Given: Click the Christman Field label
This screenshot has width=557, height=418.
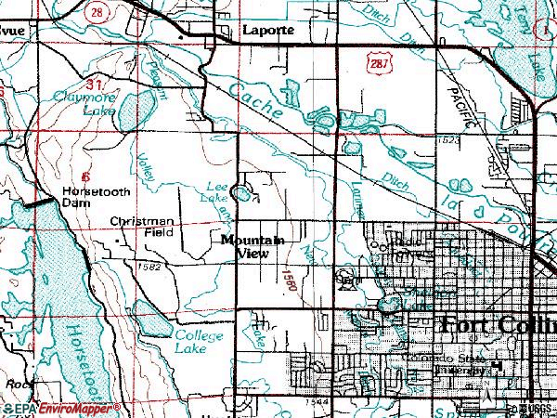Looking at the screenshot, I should click(141, 227).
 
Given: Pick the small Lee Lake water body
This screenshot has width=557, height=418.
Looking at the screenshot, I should click(242, 194).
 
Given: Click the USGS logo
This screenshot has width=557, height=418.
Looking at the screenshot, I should click(538, 410).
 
